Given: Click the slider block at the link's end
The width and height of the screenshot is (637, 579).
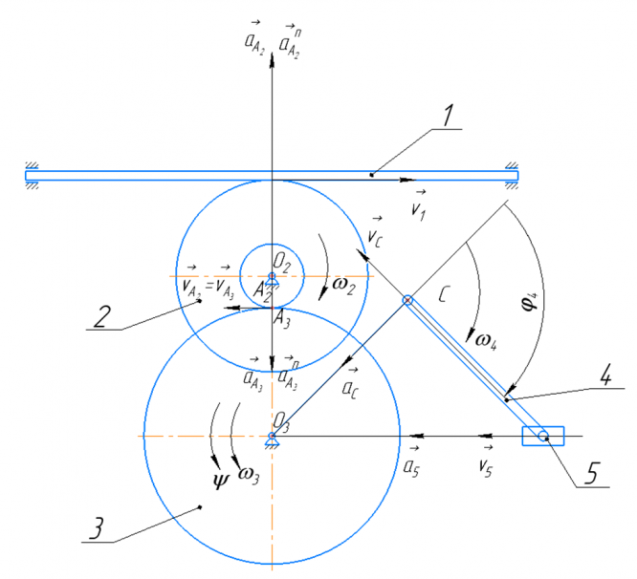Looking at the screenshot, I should (542, 436).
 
